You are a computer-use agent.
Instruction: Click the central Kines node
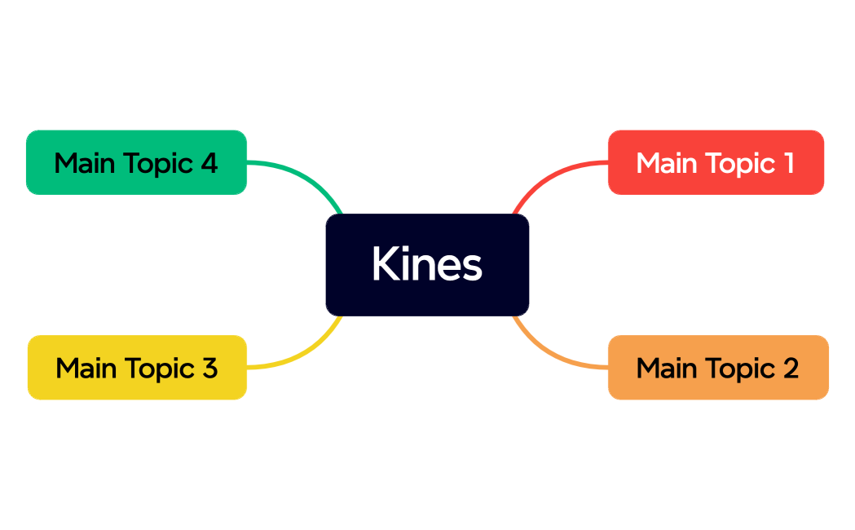(x=427, y=264)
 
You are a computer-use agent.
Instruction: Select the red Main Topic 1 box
(x=716, y=162)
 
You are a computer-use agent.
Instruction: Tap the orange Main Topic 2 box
(x=718, y=367)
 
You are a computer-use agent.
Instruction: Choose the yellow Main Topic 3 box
(x=137, y=367)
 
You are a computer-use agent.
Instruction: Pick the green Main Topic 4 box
(x=136, y=162)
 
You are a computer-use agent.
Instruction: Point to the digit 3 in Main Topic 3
(x=209, y=368)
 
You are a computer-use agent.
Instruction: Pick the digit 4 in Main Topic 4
(x=209, y=163)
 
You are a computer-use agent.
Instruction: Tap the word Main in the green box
(x=84, y=163)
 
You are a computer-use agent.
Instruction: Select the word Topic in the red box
(x=729, y=164)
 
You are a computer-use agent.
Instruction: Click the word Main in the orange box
(x=666, y=368)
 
